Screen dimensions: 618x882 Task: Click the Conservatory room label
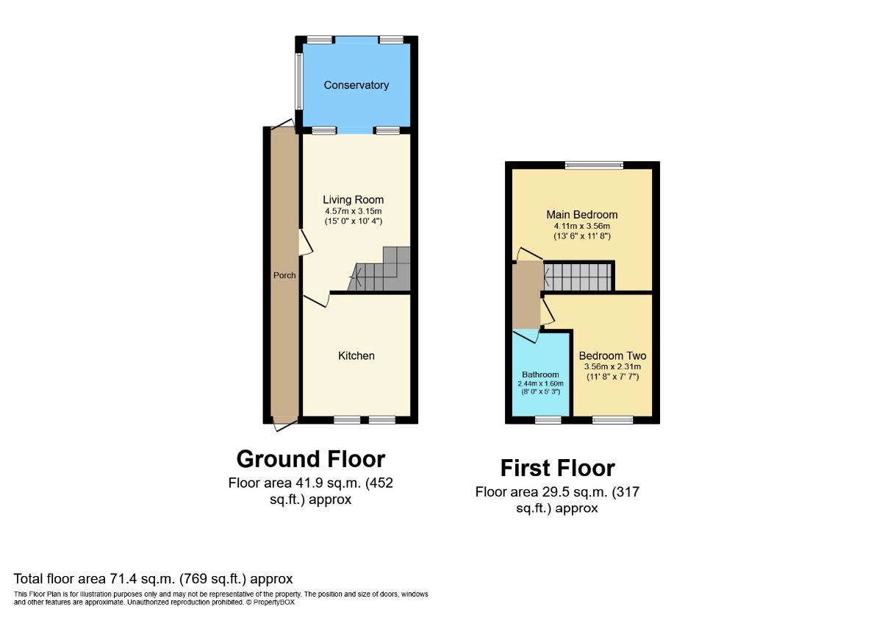coord(356,85)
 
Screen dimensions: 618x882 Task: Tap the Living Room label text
coord(354,199)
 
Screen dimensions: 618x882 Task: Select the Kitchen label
coord(356,355)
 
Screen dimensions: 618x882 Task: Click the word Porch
coord(284,275)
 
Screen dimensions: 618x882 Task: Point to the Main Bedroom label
coord(582,215)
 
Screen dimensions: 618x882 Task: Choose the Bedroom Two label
coord(612,355)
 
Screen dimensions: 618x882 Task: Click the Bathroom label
coord(541,374)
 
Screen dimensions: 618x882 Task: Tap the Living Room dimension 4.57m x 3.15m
coord(354,210)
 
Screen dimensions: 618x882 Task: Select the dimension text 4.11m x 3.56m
coord(582,226)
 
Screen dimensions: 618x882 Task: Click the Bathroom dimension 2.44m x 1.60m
coord(541,383)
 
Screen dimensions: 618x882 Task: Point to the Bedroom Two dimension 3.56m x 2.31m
coord(612,366)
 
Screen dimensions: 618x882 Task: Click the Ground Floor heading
coord(311,459)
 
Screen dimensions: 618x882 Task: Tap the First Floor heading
coord(558,468)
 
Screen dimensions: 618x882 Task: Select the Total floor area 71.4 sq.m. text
coord(154,579)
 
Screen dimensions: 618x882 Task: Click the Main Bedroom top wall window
coord(594,165)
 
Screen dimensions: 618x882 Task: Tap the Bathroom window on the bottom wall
coord(548,420)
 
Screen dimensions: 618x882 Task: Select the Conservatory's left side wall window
coord(299,81)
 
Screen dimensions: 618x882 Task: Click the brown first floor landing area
coord(526,294)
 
